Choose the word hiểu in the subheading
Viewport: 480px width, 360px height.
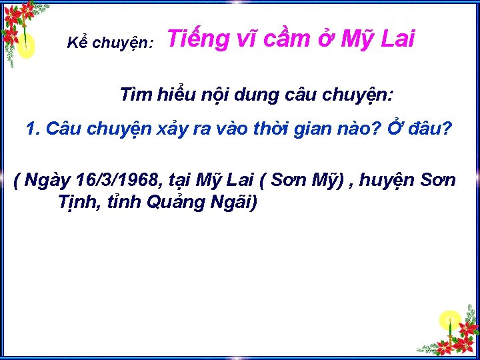177,95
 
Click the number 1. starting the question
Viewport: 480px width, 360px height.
33,129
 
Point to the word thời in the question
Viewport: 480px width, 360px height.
282,129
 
